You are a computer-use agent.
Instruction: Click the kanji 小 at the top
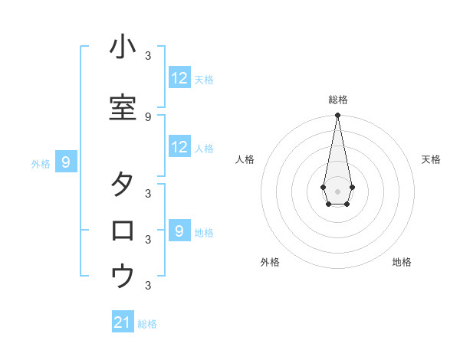[123, 47]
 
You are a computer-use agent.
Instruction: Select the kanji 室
[123, 107]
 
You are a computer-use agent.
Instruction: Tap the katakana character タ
[123, 185]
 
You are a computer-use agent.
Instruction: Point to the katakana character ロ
[123, 230]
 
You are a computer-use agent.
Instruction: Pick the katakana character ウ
[123, 276]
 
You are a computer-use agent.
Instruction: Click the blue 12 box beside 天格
[179, 78]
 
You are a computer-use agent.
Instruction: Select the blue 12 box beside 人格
[179, 147]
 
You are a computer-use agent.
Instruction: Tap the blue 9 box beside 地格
[179, 231]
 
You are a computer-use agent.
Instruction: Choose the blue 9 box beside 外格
[67, 162]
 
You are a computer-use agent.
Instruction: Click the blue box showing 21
[123, 322]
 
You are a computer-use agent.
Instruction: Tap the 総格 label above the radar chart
[338, 100]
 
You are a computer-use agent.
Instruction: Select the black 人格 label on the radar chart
[245, 159]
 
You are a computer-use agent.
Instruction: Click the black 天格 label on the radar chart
[431, 159]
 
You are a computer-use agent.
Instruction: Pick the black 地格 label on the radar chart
[402, 262]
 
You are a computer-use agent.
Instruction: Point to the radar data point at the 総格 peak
[337, 115]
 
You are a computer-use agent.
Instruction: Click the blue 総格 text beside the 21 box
[147, 324]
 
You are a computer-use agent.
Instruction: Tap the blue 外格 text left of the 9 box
[41, 163]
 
